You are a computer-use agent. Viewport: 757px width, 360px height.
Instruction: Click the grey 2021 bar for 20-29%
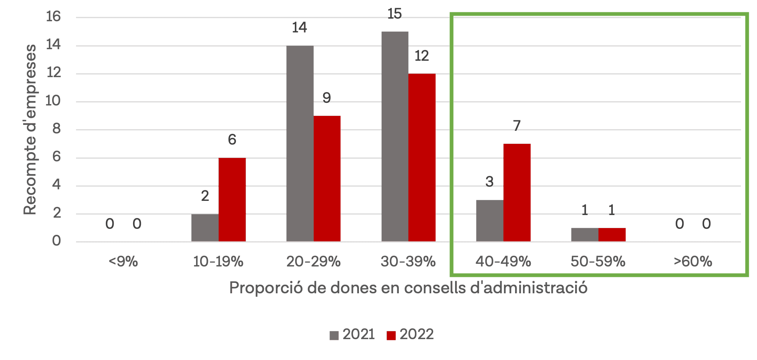[300, 143]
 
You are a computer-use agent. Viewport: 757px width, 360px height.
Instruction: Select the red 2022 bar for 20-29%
[327, 179]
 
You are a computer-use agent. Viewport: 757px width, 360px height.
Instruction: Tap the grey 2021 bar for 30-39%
[395, 136]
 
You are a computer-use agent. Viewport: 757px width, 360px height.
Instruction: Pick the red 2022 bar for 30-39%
[422, 158]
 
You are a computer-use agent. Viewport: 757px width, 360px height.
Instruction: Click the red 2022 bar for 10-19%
[232, 200]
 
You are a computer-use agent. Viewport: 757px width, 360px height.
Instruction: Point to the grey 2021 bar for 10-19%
[205, 228]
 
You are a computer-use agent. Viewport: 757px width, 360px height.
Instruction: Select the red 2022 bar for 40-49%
[517, 193]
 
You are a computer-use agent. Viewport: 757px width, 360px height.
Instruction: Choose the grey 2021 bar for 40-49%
[489, 221]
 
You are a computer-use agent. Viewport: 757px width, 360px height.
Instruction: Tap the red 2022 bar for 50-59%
[612, 235]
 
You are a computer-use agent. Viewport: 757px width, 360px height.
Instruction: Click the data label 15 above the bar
[394, 14]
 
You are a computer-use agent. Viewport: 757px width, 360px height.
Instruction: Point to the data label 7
[517, 126]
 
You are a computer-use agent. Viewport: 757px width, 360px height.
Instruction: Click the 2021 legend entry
[352, 334]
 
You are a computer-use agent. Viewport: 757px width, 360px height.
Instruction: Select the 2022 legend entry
[410, 334]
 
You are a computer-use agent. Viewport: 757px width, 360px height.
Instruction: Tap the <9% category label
[123, 262]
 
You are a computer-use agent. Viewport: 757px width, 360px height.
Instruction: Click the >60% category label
[693, 262]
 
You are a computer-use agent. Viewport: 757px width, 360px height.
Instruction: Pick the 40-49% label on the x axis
[503, 262]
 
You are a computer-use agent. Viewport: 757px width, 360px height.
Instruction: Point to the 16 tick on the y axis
[53, 16]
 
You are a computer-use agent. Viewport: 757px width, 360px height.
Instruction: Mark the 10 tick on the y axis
[53, 101]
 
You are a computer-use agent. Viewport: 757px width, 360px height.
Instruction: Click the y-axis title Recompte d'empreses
[30, 130]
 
